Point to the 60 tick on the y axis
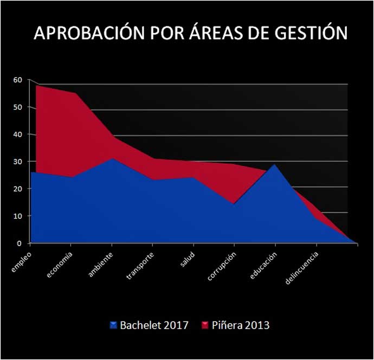coord(17,80)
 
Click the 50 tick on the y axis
coord(17,107)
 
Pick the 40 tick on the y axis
coord(17,134)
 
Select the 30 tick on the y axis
coord(17,162)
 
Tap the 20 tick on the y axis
coord(17,189)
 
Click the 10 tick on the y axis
coord(17,216)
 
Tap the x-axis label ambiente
coord(101,262)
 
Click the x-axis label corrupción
coord(222,265)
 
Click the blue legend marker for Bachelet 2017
coord(113,325)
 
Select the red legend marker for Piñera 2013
coord(205,325)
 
